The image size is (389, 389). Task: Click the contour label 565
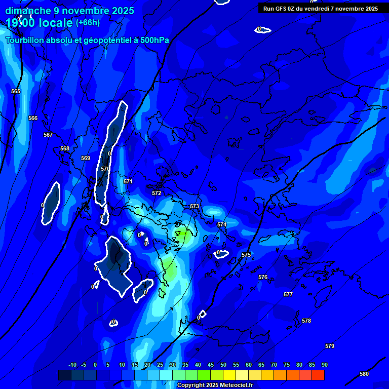(x=16, y=92)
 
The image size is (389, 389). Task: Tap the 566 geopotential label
(x=33, y=119)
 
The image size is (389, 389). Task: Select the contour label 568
(x=65, y=149)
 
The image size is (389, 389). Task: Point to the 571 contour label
(x=128, y=182)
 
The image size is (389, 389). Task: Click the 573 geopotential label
(x=194, y=207)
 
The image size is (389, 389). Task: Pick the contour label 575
(x=246, y=255)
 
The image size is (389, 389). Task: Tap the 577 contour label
(x=288, y=295)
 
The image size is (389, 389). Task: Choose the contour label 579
(x=330, y=346)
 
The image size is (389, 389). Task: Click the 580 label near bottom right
(x=364, y=374)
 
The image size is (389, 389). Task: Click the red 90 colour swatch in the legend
(x=318, y=375)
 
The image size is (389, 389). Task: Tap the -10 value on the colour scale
(x=72, y=365)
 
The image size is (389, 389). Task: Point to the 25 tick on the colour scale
(x=160, y=365)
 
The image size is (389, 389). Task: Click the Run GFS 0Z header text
(x=321, y=9)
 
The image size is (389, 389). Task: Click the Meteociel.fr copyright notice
(x=215, y=385)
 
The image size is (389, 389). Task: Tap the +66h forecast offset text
(x=88, y=23)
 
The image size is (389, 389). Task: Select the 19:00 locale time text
(x=39, y=23)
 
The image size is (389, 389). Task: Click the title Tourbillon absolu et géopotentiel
(x=87, y=41)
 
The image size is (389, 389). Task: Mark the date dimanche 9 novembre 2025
(x=69, y=11)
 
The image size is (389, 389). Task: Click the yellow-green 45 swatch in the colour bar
(x=204, y=375)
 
